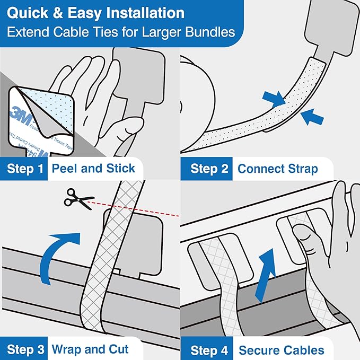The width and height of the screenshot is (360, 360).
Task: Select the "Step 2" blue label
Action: click(x=209, y=169)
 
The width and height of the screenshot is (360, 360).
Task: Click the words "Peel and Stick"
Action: click(x=93, y=169)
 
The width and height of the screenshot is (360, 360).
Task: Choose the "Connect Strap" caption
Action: click(x=277, y=169)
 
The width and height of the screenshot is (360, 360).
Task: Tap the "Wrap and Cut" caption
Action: click(x=90, y=349)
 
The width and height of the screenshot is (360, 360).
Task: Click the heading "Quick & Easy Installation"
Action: click(x=96, y=13)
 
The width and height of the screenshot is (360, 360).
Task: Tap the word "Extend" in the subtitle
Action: click(x=26, y=32)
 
